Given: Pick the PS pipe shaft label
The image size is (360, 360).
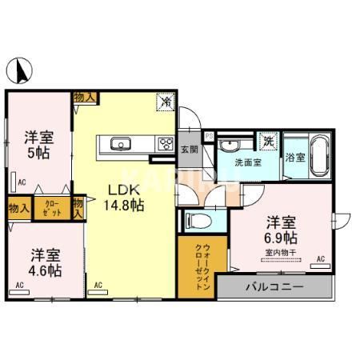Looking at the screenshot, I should point(209,137).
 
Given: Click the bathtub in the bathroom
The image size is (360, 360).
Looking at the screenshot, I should point(322,157).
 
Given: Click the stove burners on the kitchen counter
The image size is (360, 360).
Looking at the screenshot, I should point(166,145).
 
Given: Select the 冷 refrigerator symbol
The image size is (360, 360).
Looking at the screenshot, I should point(166,102).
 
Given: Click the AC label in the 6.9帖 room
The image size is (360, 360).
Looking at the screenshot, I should point(321,258).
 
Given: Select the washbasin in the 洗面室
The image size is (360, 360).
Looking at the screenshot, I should point(230,145).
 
